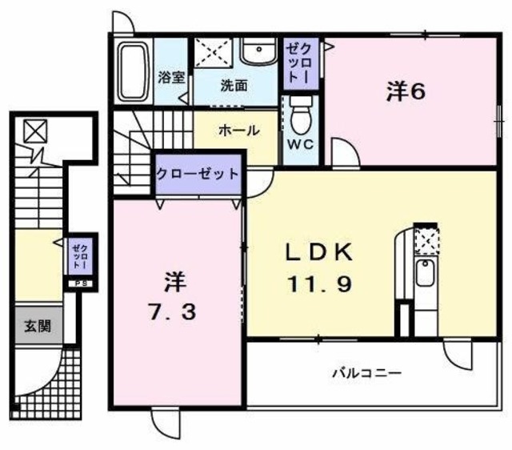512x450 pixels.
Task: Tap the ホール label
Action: pos(238,130)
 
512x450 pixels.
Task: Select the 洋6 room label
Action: pos(406,91)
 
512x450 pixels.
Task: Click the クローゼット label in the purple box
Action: pos(197,174)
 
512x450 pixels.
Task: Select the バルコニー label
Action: pos(366,372)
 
